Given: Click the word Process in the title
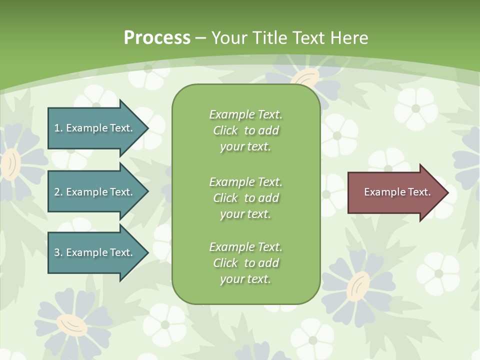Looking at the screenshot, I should [x=157, y=38].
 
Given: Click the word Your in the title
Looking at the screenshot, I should [x=230, y=38].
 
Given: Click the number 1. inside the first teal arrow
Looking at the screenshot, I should [x=58, y=128].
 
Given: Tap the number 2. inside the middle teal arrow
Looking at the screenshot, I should [x=58, y=192].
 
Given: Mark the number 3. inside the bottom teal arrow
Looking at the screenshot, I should [x=58, y=252].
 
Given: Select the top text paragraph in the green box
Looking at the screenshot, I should [x=245, y=130].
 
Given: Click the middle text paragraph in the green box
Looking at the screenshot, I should [x=245, y=198].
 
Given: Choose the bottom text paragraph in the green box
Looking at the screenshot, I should [x=245, y=263].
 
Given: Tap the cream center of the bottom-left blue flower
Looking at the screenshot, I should [x=73, y=325].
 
